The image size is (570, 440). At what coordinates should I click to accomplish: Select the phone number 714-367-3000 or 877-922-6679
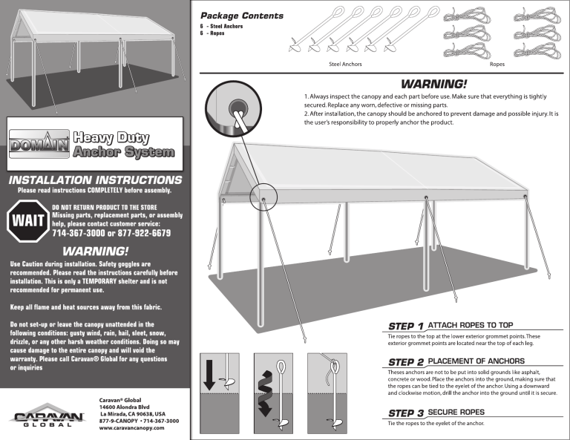(111, 233)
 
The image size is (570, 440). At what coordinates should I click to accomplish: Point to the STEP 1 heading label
(406, 326)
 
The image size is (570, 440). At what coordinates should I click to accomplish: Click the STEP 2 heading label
(406, 361)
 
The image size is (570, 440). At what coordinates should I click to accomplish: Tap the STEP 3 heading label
(406, 412)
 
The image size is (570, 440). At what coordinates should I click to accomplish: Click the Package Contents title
(241, 15)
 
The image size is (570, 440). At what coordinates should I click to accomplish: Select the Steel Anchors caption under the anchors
(345, 65)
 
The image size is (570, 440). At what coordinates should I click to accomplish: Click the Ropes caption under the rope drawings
(497, 65)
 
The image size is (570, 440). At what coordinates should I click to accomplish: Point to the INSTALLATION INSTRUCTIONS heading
(95, 180)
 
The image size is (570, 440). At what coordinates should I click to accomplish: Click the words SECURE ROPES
(456, 412)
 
